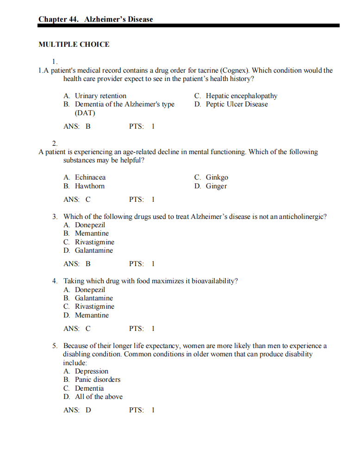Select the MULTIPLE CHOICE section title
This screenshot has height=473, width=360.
pos(74,44)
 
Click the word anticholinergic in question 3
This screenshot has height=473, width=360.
pos(301,216)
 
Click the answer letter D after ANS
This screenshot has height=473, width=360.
pos(88,410)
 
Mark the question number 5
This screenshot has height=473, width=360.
pos(54,345)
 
